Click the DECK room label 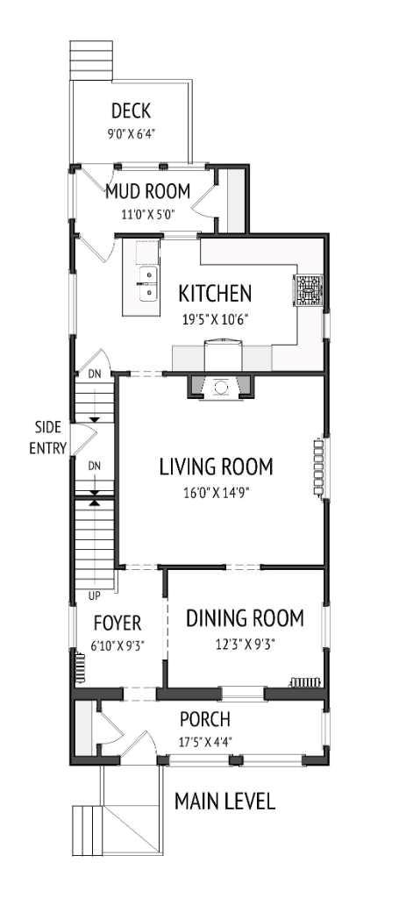(x=131, y=111)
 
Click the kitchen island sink (x=149, y=282)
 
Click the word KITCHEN (x=215, y=293)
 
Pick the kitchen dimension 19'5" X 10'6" (x=215, y=319)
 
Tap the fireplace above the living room (x=220, y=386)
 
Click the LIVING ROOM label (x=216, y=466)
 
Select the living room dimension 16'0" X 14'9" (x=216, y=492)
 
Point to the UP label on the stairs (x=82, y=595)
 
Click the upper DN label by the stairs (x=94, y=374)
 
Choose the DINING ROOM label (x=245, y=618)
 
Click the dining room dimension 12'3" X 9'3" (x=245, y=645)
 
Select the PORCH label (x=204, y=720)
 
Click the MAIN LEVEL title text (x=224, y=801)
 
